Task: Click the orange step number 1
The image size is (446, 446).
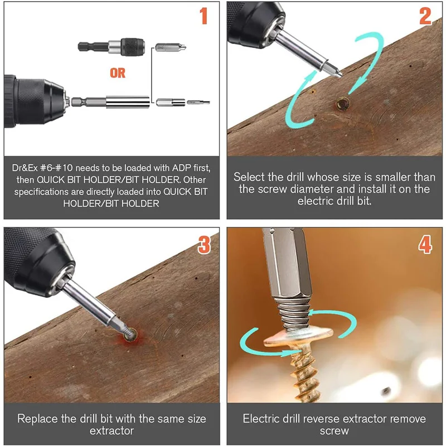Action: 203,16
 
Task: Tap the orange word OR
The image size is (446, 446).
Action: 118,73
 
